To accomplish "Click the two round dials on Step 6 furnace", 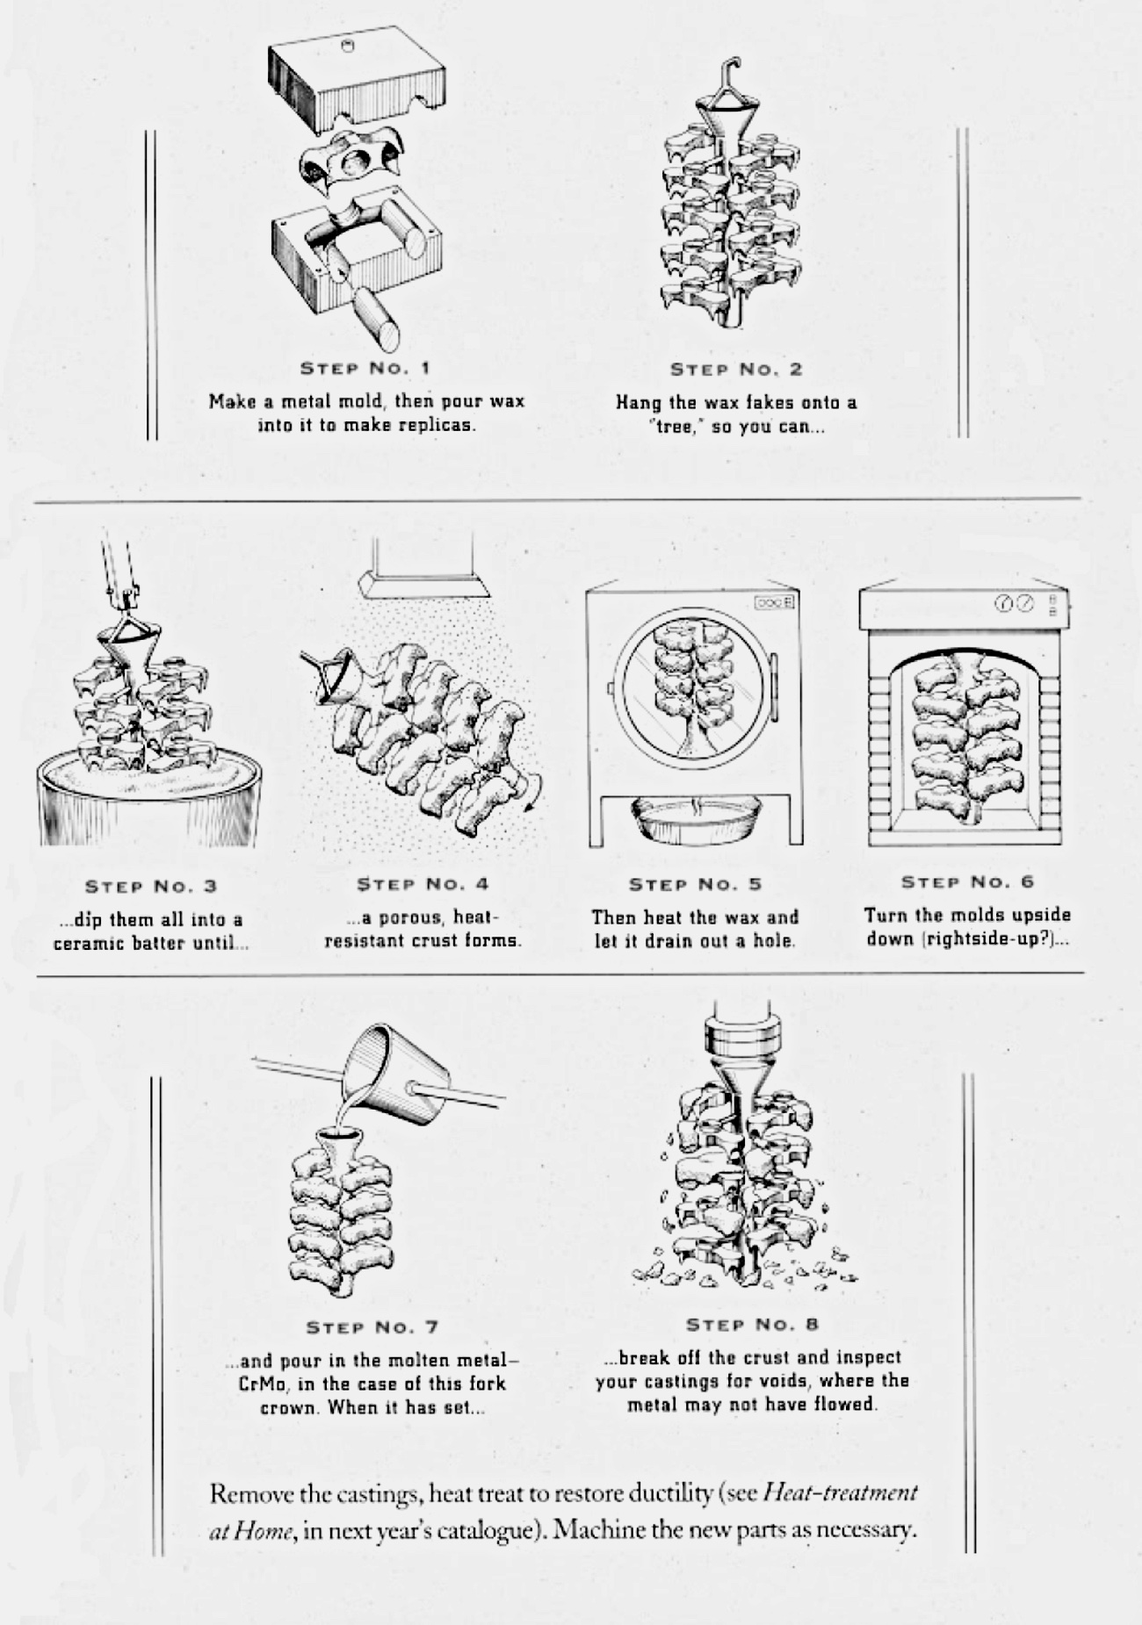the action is coord(1014,603).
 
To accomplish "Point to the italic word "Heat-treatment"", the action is coord(841,1492).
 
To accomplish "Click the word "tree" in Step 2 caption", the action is coord(675,427).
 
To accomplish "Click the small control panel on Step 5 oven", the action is coord(775,602).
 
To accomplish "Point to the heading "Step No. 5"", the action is coord(695,884).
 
